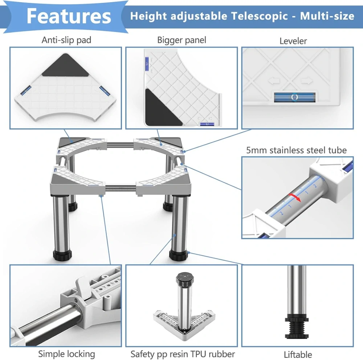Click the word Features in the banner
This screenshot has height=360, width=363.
coord(69,16)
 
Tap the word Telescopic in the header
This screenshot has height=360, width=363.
coord(260,16)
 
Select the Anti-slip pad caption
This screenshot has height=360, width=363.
coord(66,40)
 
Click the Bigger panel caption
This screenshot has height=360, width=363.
coord(181,40)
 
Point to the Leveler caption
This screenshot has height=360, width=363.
coord(293,41)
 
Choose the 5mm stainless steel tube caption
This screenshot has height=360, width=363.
coord(296,150)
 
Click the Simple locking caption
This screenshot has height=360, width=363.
coord(67,354)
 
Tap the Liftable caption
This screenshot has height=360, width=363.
coord(298,355)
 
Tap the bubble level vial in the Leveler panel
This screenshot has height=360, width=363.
coord(294,97)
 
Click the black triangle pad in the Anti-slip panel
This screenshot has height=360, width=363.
coord(65,65)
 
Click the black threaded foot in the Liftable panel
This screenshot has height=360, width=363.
coord(297,327)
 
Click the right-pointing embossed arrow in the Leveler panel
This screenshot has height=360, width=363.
coord(307,81)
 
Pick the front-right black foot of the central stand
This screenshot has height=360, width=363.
coord(178,255)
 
